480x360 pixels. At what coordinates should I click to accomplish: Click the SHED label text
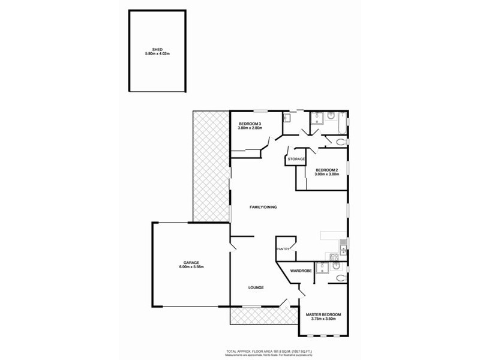tap(157, 50)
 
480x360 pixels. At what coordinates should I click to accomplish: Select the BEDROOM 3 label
tap(250, 124)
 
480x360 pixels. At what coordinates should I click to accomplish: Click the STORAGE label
tap(296, 159)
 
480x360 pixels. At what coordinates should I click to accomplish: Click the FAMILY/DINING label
tap(263, 207)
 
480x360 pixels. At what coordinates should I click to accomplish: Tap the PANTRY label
tap(283, 249)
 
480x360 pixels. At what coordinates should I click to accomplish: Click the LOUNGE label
tap(256, 287)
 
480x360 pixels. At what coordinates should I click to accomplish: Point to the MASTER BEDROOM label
tap(323, 315)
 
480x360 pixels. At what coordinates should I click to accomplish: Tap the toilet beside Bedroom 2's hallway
tap(341, 142)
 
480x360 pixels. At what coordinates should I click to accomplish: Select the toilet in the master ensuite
tap(340, 277)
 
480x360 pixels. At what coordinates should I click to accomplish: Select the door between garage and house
tap(233, 243)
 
